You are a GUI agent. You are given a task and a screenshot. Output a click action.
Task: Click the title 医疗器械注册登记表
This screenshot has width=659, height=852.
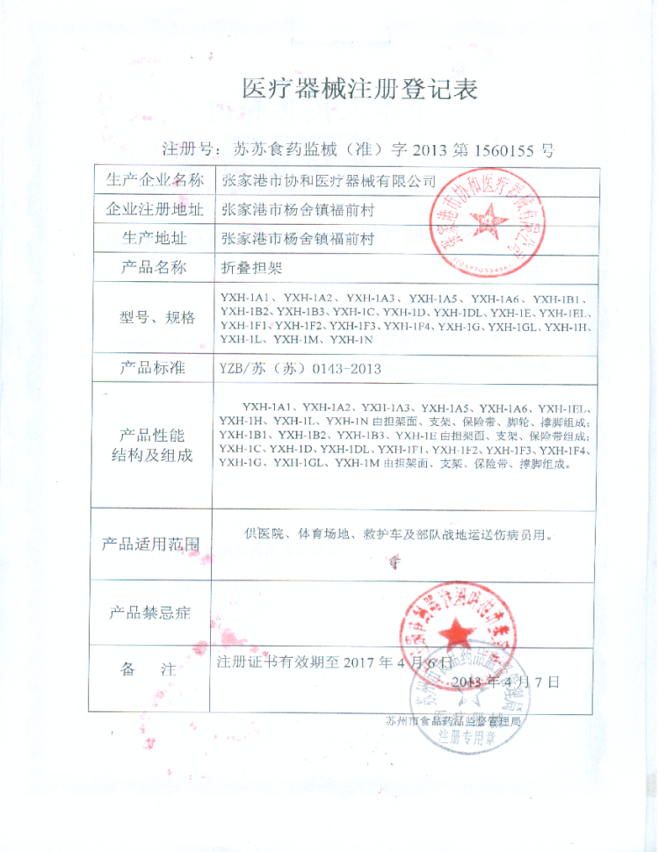pos(359,89)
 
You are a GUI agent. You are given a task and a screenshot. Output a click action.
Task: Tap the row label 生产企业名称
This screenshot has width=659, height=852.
pos(154,181)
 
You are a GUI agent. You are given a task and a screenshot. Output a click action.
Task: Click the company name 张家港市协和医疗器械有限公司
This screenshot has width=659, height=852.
pos(329,182)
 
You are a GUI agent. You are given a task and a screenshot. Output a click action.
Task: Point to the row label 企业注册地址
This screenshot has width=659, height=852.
pos(154,210)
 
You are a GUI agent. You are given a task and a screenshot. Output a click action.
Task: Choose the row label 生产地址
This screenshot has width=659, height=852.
pos(154,238)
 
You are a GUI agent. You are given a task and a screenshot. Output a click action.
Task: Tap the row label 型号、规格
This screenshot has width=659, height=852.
pos(154,317)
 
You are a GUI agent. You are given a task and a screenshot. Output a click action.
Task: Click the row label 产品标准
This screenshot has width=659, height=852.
pos(154,368)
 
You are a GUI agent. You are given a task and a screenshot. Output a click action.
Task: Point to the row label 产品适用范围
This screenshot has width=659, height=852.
pos(154,545)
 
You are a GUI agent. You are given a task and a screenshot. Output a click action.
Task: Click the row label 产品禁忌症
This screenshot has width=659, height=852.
pos(154,611)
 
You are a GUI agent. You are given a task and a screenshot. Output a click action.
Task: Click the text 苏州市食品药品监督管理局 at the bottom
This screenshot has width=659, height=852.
pos(453,721)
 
